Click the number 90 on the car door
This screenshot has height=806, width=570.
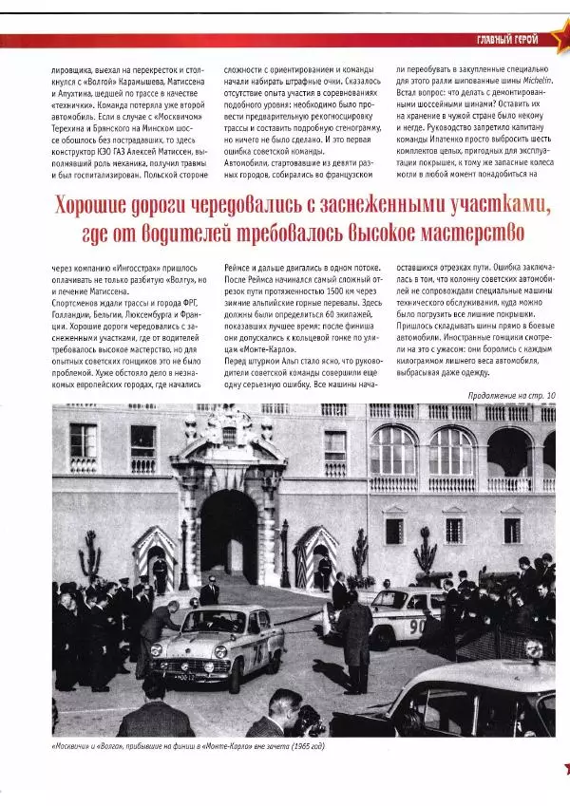pyautogui.click(x=416, y=627)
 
